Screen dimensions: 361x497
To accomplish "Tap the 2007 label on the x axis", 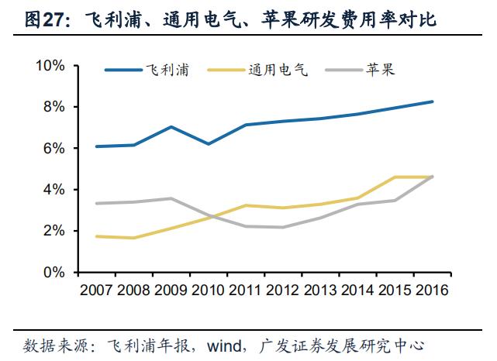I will (x=97, y=293).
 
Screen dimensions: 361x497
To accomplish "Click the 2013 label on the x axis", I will (x=321, y=293).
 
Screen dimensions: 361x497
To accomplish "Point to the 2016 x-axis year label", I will (x=433, y=293).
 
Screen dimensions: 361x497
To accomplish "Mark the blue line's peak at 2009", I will (x=171, y=127).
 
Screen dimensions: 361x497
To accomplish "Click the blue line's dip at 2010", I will (x=208, y=144).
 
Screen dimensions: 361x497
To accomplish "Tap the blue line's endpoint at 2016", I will (x=433, y=101).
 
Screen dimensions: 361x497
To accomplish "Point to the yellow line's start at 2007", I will (x=97, y=236).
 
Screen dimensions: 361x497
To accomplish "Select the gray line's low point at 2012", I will (x=283, y=227).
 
